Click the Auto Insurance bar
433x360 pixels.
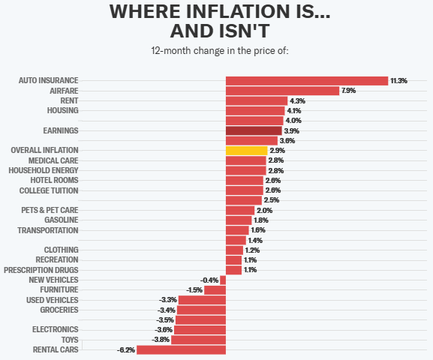coord(306,80)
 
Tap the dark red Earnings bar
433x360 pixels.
coord(254,130)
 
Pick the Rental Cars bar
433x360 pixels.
coord(181,349)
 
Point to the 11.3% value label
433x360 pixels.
coord(398,80)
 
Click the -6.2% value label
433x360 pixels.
coord(125,349)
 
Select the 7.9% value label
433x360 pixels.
coord(348,91)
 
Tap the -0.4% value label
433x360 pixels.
coord(209,280)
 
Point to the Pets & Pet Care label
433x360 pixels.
coord(50,210)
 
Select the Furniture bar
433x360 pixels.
coord(215,289)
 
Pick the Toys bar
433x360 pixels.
coord(198,340)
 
